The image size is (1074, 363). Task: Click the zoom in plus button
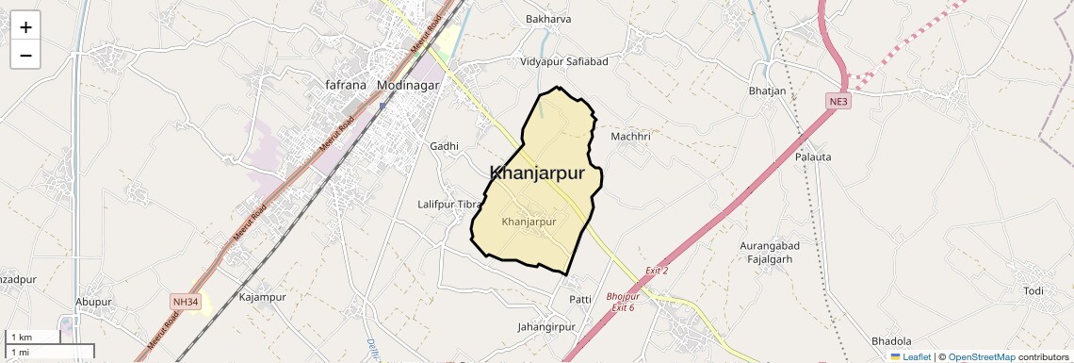[x=25, y=27]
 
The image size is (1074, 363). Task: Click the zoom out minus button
[x=25, y=56]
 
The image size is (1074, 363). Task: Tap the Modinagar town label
[x=408, y=85]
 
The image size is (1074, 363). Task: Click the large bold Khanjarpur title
[x=537, y=173]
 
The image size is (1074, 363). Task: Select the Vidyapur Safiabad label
[x=564, y=62]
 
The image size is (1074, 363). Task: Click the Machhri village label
[x=630, y=137]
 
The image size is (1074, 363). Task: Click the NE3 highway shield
[x=838, y=101]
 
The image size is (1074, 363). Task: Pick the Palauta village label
[x=813, y=157]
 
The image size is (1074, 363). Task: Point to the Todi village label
[x=1033, y=290]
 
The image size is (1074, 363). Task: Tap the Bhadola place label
[x=891, y=340]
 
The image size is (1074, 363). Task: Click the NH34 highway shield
[x=185, y=302]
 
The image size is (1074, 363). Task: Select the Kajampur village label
[x=262, y=297]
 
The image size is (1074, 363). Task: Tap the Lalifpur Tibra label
[x=449, y=204]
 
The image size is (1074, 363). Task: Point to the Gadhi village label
[x=444, y=146]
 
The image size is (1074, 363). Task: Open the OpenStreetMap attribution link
[x=983, y=357]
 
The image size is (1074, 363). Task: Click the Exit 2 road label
[x=657, y=272]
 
